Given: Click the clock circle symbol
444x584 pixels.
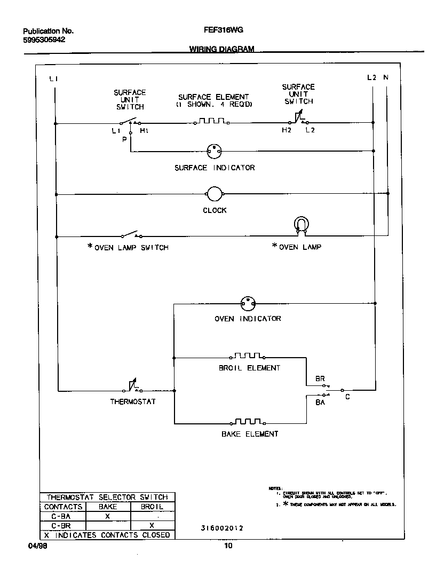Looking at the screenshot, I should coord(214,194).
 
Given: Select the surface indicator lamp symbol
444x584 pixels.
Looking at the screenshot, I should coord(214,151).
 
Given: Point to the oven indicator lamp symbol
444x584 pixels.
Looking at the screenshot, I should coord(248,304).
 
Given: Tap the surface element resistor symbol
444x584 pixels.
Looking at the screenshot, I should coord(211,122).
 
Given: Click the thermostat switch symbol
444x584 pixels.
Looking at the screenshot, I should coord(133,387).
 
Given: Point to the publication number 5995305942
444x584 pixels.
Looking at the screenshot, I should coord(44,40).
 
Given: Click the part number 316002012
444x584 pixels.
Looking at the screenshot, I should coord(222,528).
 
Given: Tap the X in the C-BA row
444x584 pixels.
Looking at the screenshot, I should coord(107,516).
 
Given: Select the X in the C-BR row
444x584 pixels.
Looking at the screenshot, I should coord(152,526).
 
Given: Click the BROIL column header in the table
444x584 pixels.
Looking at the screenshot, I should coord(152,507).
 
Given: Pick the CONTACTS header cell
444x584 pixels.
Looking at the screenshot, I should coord(63,507).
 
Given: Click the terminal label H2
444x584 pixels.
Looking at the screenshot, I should coord(287,130).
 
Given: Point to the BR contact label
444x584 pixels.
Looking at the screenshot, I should coord(320,379).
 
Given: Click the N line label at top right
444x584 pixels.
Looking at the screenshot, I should coord(386,78).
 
